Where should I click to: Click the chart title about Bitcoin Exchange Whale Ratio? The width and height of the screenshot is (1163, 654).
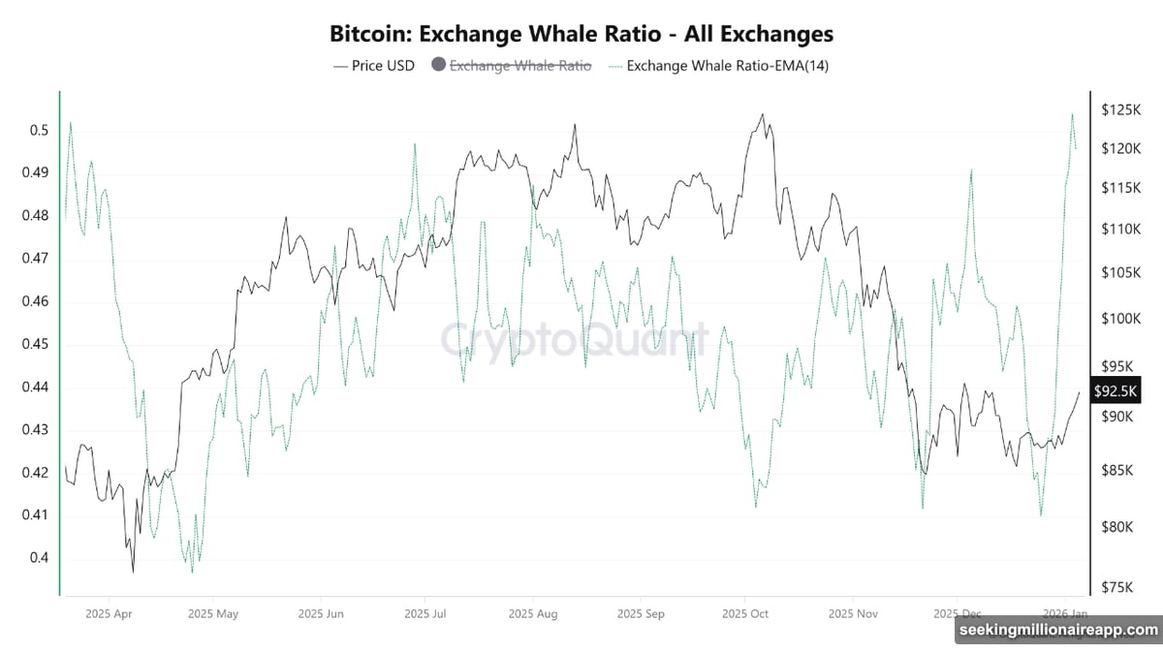click(581, 33)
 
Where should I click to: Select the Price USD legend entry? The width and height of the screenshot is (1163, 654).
click(373, 66)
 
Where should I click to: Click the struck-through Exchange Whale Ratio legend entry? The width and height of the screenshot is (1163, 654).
click(511, 66)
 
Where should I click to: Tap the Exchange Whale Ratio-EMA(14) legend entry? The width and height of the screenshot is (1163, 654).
click(720, 66)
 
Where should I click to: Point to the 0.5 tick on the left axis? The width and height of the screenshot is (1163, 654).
click(39, 131)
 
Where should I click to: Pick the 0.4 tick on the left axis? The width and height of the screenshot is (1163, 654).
click(39, 558)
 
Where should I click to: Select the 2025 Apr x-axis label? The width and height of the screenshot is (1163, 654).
click(110, 613)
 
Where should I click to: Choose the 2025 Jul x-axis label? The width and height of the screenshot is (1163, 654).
click(424, 613)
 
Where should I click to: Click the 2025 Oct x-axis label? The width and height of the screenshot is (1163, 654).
click(745, 613)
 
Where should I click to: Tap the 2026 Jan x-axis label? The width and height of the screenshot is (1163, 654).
click(1064, 613)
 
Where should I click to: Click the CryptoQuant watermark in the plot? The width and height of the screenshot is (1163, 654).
click(575, 340)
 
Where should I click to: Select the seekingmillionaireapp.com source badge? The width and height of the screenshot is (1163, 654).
click(1056, 631)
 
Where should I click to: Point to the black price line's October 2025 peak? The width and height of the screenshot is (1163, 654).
click(762, 114)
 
